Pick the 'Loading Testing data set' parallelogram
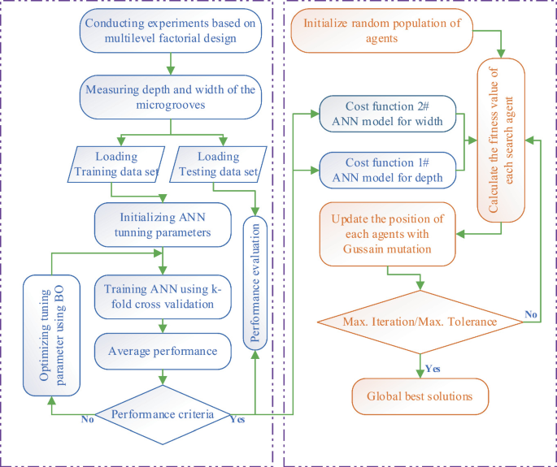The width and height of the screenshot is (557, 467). coord(216,164)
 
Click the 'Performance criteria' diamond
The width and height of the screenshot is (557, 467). coord(163,414)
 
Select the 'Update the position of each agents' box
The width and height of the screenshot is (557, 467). coord(386,235)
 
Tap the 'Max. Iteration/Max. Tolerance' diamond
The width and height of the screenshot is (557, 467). coord(420,322)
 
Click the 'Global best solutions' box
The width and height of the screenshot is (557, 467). coord(420,397)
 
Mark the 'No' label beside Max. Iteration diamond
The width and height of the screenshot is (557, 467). coord(531,313)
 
